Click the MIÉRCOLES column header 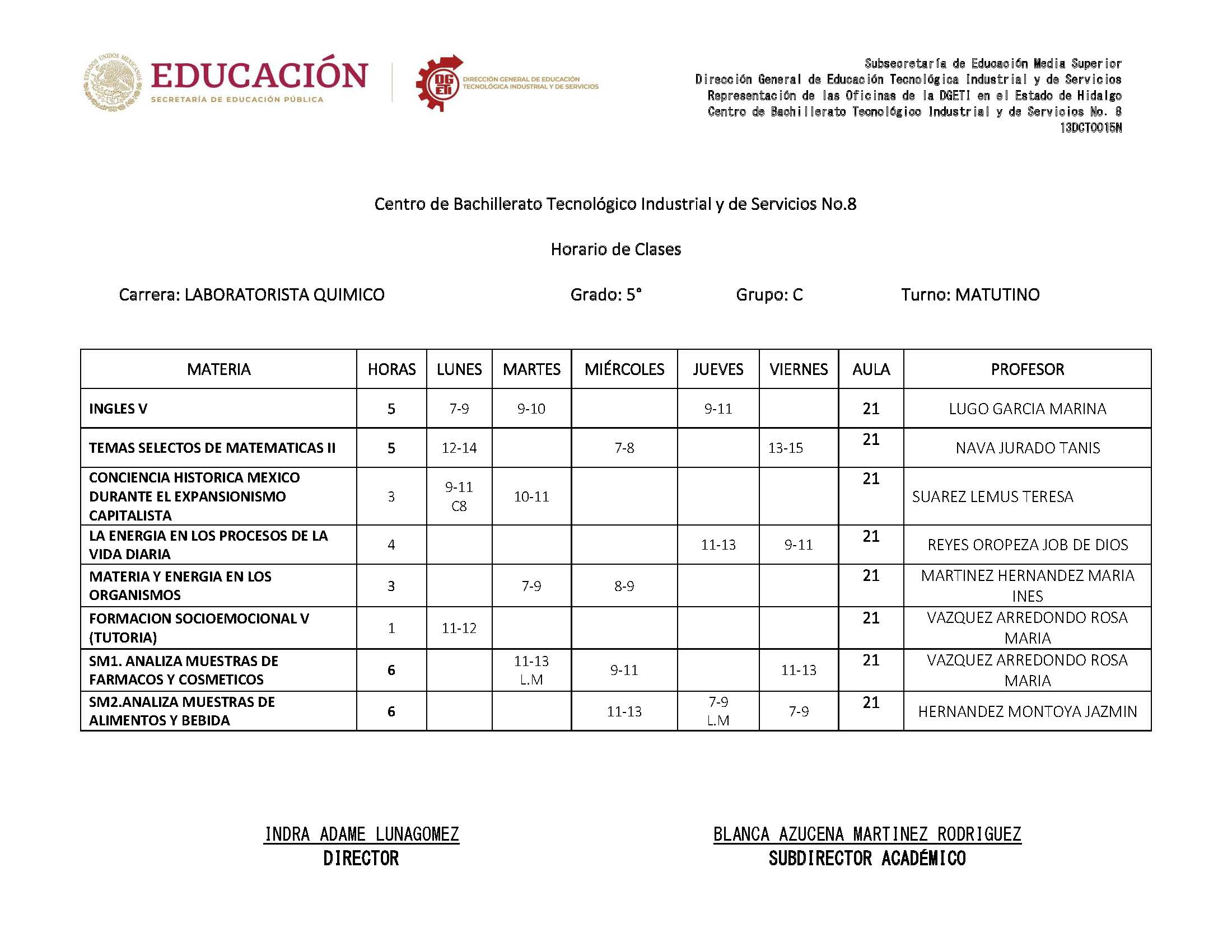click(x=624, y=369)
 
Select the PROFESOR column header click(x=1027, y=369)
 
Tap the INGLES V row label click(x=118, y=409)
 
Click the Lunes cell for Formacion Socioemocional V click(x=459, y=628)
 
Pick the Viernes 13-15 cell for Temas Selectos click(x=786, y=448)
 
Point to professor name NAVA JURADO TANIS click(x=1027, y=448)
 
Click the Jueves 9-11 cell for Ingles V click(x=718, y=409)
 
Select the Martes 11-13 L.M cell click(x=531, y=670)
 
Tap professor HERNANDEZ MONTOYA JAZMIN click(x=1027, y=712)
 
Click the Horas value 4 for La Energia click(x=391, y=545)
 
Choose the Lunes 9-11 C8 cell click(x=459, y=496)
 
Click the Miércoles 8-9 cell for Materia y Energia click(x=624, y=586)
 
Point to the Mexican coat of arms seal click(x=113, y=83)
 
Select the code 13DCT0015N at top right click(x=1090, y=128)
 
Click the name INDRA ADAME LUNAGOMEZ click(x=361, y=834)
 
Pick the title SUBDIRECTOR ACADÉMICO click(x=867, y=859)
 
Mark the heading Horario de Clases click(x=615, y=249)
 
